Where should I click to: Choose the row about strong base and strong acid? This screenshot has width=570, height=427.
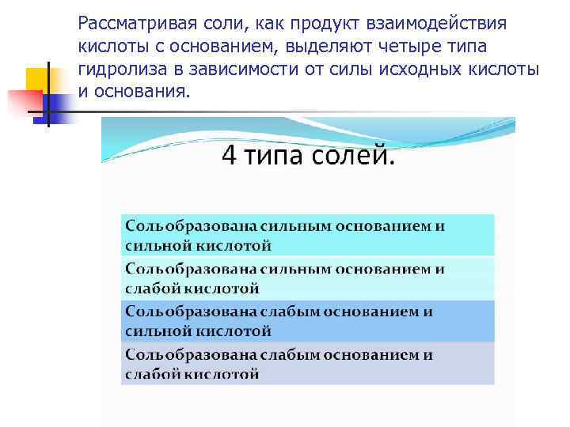coord(307,235)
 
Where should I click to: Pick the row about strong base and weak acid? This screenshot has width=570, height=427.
coord(307,278)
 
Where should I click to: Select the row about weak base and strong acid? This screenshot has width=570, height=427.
coord(307,320)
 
